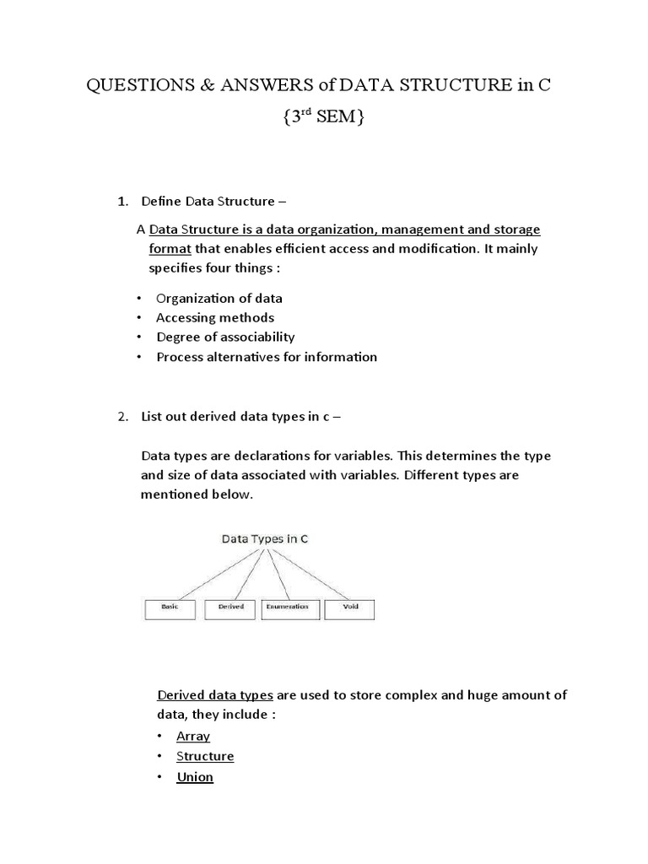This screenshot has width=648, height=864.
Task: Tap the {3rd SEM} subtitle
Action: [x=322, y=119]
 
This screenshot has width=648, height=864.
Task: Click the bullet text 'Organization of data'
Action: [x=219, y=298]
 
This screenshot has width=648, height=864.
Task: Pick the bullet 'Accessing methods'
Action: [x=215, y=317]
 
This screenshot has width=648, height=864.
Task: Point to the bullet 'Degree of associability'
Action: [x=225, y=337]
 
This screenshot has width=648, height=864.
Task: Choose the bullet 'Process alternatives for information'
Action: [x=267, y=356]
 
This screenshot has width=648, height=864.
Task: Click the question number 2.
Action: [x=122, y=416]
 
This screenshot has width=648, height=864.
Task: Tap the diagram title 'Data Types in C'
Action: [x=264, y=537]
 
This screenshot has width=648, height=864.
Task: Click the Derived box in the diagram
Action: [x=230, y=607]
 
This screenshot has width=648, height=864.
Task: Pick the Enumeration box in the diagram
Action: [x=291, y=607]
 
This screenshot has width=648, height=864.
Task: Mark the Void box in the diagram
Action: [x=349, y=607]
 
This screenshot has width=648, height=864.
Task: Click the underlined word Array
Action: [x=193, y=736]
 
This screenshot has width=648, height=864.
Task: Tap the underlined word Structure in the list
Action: [x=205, y=756]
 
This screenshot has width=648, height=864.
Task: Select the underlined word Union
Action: [x=195, y=776]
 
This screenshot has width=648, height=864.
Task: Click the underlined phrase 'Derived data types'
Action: [x=215, y=695]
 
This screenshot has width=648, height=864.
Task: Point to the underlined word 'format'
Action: [x=170, y=249]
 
